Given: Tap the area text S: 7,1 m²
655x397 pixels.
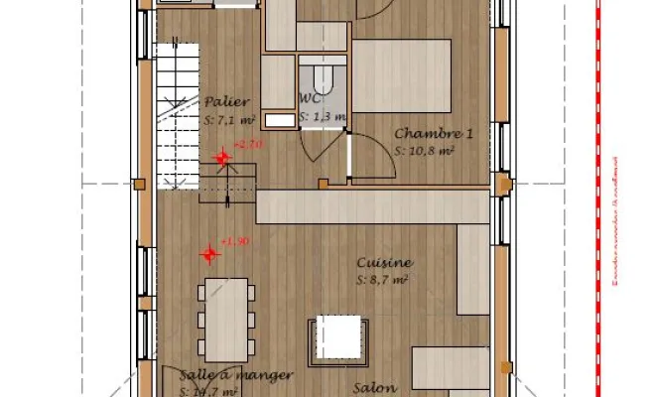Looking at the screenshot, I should pos(229,119).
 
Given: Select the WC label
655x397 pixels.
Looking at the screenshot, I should pos(310,99).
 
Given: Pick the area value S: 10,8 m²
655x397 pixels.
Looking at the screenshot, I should pos(424,151).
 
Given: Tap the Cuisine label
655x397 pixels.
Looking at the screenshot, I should pos(385,263).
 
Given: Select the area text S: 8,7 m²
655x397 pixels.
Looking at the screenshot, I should pos(382,281).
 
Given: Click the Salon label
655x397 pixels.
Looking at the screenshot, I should pos(376,387).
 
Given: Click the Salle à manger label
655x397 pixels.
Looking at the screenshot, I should pos(236,375).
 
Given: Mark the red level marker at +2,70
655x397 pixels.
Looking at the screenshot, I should pos(222,157).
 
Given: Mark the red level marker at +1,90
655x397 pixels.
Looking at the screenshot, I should pos(209,254).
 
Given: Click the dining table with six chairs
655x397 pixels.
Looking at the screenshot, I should pos(226,318).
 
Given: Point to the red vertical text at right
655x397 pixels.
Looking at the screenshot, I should pos(615,218).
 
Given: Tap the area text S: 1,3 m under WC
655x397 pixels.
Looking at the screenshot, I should pos(323,117).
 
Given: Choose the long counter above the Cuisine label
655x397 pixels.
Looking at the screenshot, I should pos(372,206).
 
